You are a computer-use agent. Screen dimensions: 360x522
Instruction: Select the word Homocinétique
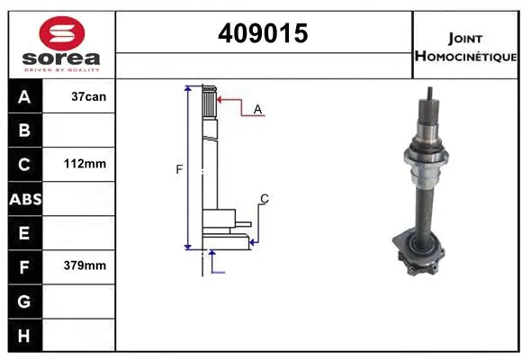coord(465,56)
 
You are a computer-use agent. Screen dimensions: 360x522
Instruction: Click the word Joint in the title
coord(465,38)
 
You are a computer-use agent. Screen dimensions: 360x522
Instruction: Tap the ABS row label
coord(25,199)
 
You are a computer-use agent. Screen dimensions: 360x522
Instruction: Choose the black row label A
coord(25,96)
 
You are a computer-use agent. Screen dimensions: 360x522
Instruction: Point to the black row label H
coord(25,334)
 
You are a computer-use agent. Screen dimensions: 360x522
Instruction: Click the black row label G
coord(25,300)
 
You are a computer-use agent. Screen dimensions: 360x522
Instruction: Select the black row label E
coord(25,233)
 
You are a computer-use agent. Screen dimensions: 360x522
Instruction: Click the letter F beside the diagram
coord(179,168)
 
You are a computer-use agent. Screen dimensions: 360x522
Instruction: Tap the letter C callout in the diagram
coord(264,198)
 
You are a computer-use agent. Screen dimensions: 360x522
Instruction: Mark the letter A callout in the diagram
coord(257,109)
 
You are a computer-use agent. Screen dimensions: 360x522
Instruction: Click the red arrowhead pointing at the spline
coord(220,100)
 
